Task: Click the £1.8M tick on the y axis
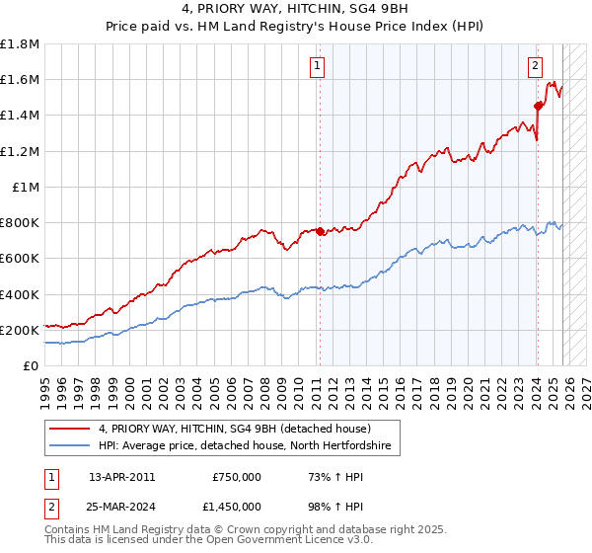20,44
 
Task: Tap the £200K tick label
19,330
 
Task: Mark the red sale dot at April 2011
319,232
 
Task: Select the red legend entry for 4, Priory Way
234,429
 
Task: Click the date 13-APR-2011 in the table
121,477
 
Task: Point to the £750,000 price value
237,477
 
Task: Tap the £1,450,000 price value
231,508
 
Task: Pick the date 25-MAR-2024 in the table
122,508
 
